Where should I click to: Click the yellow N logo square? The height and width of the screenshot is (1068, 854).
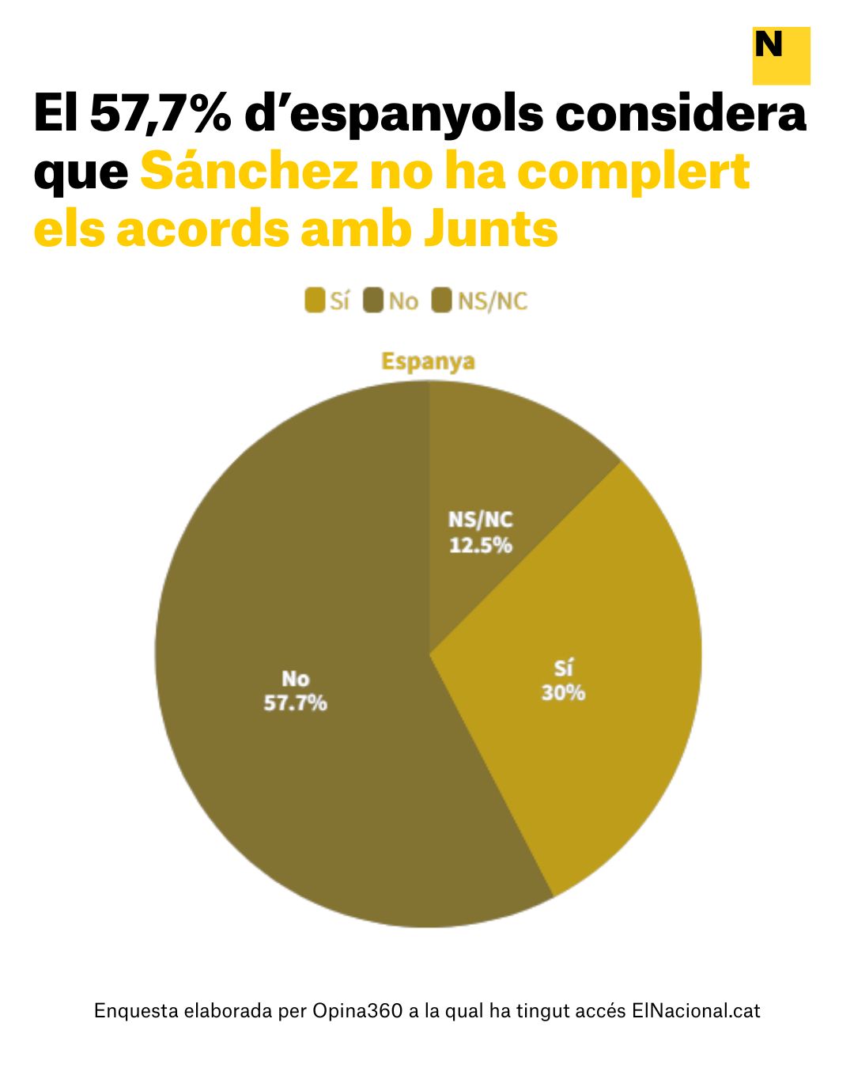(780, 55)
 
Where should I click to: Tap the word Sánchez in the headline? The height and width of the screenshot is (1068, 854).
(248, 172)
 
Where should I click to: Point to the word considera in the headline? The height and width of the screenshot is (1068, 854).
(680, 114)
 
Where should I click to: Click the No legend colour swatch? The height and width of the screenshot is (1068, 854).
(373, 301)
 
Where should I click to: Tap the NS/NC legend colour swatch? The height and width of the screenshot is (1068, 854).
(442, 301)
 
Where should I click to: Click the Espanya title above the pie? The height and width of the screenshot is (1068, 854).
(428, 362)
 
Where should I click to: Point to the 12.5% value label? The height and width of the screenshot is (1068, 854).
(481, 545)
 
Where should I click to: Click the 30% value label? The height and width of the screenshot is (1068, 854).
(563, 693)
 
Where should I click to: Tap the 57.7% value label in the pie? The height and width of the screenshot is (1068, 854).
(295, 703)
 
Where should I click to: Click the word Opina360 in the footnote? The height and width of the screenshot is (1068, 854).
(358, 1011)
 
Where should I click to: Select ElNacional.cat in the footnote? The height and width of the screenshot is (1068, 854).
(696, 1011)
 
